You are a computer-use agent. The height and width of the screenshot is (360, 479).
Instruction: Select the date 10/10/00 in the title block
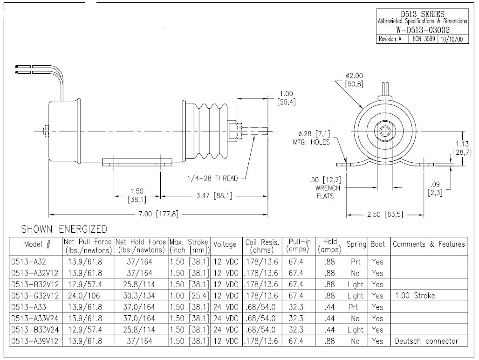[x=454, y=39]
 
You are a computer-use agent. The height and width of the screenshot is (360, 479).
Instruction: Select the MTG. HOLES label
[x=311, y=142]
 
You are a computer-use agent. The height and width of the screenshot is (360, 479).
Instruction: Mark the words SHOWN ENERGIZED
[x=64, y=229]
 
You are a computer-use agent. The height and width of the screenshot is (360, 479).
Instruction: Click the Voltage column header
[x=225, y=244]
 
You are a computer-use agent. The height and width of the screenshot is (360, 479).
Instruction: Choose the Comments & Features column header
[x=429, y=244]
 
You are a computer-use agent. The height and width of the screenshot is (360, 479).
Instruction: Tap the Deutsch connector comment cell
[x=426, y=341]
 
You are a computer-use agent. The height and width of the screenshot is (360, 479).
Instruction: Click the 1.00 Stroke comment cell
[x=414, y=296]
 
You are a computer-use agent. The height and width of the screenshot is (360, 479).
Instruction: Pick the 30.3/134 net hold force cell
[x=140, y=296]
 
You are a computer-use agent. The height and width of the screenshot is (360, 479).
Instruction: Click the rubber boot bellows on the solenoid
[x=210, y=132]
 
